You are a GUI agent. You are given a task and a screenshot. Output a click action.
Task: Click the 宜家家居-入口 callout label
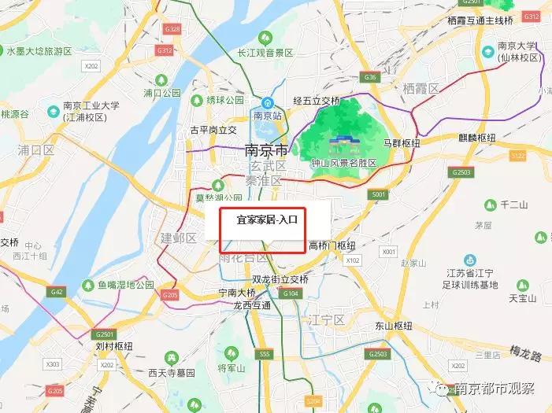tap(268, 220)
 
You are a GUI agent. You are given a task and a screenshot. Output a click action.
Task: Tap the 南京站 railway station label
tap(268, 115)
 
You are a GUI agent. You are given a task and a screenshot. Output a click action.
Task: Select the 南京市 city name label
tap(266, 149)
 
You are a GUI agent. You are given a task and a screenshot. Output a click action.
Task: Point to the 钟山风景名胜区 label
tap(343, 163)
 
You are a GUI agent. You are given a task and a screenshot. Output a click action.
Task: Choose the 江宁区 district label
tap(327, 319)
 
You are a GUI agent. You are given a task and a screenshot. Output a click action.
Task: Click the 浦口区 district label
tap(35, 149)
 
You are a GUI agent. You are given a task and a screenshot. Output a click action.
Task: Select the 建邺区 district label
tap(178, 238)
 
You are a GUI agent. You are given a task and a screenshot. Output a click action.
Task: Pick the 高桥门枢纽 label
tap(332, 245)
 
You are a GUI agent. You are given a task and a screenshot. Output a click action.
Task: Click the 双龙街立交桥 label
tap(280, 279)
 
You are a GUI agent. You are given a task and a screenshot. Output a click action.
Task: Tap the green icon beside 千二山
tap(489, 205)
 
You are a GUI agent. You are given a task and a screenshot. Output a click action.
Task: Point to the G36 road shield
tap(371, 77)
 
